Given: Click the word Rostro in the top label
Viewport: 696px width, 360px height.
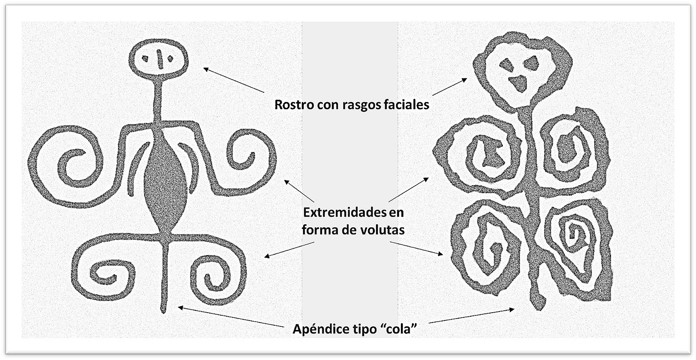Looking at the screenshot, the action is [x=294, y=104].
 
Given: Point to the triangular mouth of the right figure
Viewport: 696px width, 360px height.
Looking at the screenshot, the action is [x=518, y=83].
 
